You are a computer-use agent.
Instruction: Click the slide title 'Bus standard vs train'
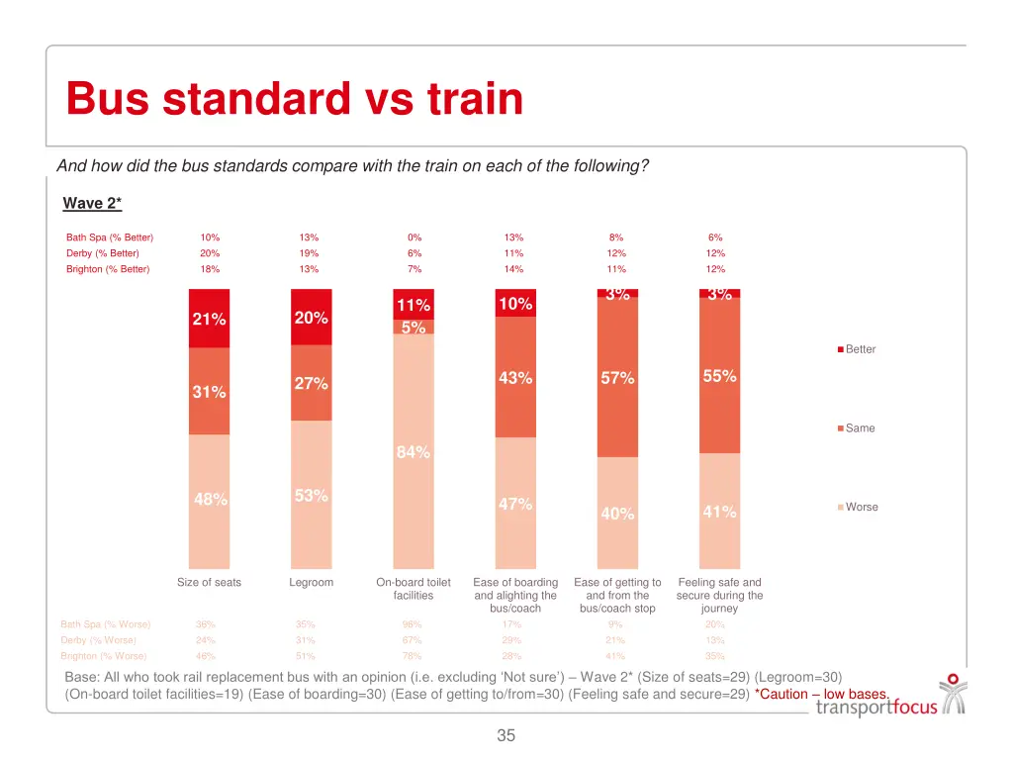[x=294, y=99]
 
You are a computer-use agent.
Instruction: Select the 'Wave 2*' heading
[x=92, y=203]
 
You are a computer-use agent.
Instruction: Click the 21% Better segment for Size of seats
[x=209, y=319]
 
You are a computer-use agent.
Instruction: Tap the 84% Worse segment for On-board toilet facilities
[x=414, y=451]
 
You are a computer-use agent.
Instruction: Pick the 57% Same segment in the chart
[x=617, y=378]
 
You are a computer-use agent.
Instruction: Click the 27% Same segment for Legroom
[x=311, y=383]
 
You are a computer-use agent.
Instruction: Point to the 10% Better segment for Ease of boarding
[x=515, y=304]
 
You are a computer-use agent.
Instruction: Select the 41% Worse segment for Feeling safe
[x=719, y=512]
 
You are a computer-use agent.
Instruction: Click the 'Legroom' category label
[x=311, y=583]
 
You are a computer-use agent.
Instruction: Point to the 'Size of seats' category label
[x=209, y=583]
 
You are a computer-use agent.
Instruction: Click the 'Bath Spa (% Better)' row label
[x=110, y=237]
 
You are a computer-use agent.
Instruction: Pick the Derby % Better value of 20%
[x=210, y=253]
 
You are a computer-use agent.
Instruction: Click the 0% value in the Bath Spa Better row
[x=414, y=237]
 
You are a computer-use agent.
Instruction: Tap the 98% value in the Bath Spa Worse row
[x=412, y=624]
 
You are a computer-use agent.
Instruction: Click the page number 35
[x=506, y=735]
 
